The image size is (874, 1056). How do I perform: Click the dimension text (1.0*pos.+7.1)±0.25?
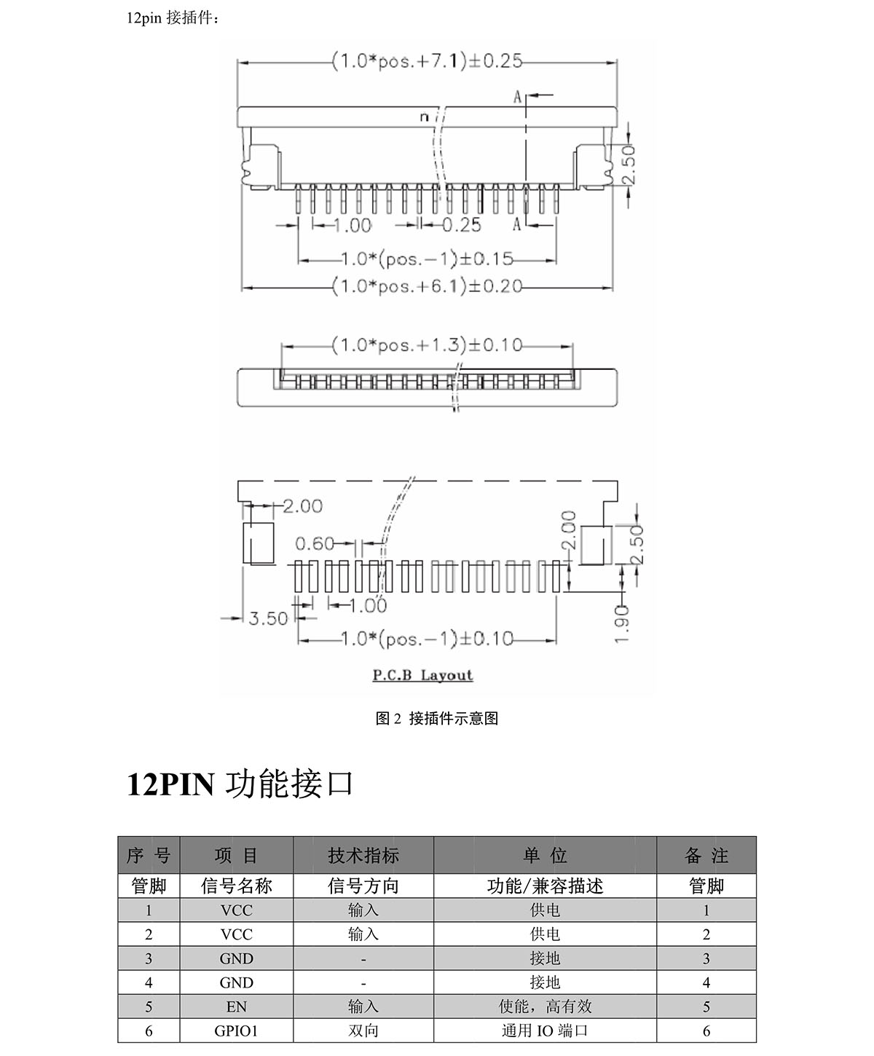pyautogui.click(x=427, y=61)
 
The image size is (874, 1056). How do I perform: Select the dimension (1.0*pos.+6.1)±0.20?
pyautogui.click(x=427, y=286)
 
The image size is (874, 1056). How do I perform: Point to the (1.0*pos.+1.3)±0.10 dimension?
pyautogui.click(x=427, y=345)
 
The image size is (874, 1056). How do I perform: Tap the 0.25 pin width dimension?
pyautogui.click(x=462, y=225)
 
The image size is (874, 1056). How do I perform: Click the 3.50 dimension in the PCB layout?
pyautogui.click(x=268, y=618)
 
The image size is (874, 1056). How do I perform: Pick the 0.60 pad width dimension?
pyautogui.click(x=315, y=544)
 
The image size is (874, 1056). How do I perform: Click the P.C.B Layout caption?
pyautogui.click(x=423, y=675)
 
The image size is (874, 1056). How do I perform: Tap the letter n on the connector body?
pyautogui.click(x=424, y=117)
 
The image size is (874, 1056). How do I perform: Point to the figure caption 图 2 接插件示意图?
pyautogui.click(x=437, y=718)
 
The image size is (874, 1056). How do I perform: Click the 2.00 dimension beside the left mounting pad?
pyautogui.click(x=302, y=505)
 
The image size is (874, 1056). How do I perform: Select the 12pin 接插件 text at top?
pyautogui.click(x=173, y=18)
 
